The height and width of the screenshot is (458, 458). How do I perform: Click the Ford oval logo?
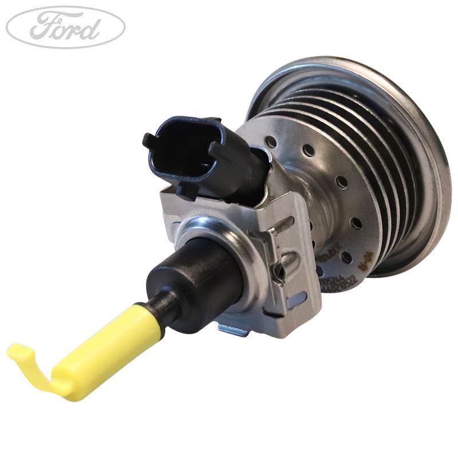click(x=65, y=27)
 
